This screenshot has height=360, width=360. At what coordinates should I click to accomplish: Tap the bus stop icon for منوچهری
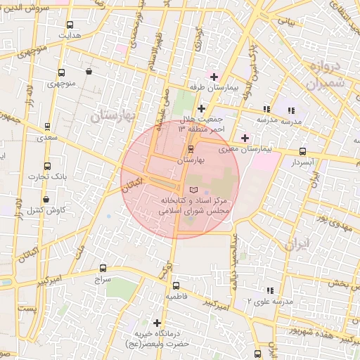point(61,72)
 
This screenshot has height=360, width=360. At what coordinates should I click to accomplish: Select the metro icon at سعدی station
point(47,127)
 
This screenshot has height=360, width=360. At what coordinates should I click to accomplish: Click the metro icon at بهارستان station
point(191,150)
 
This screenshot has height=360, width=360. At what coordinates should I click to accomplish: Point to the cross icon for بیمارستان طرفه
point(214,76)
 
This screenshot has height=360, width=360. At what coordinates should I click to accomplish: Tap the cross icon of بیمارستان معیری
point(245,137)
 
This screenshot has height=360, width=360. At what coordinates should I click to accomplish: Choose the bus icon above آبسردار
point(302,151)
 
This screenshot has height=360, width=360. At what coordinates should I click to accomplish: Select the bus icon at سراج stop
point(103,268)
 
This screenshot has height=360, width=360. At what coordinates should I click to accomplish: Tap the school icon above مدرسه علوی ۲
point(269,290)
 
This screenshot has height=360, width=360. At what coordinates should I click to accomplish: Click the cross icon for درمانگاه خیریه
point(157,322)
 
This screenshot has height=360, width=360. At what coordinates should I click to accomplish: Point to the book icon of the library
point(195,191)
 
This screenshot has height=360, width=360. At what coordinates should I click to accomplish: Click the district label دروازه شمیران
point(324,74)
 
